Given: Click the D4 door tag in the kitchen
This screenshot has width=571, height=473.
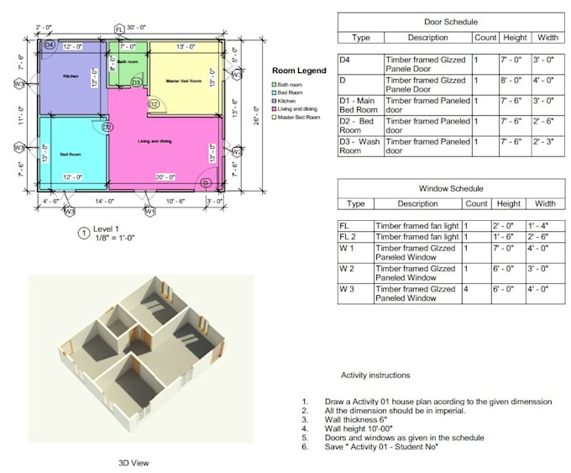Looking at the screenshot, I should click(x=49, y=44).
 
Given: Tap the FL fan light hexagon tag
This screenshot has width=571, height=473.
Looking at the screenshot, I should click(x=119, y=29).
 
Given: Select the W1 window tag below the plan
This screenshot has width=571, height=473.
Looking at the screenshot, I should click(x=149, y=212).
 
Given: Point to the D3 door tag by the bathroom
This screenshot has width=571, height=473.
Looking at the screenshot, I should click(x=135, y=83).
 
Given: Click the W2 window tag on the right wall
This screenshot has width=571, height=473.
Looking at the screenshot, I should click(x=237, y=152).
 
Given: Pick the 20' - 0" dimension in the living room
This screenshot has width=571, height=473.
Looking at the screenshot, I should click(x=165, y=177).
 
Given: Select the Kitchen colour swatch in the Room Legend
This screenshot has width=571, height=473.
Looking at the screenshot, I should click(x=274, y=101).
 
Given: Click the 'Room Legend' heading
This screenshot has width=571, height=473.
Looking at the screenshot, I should click(x=299, y=71).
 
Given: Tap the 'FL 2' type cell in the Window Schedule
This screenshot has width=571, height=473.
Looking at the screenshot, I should click(x=348, y=237).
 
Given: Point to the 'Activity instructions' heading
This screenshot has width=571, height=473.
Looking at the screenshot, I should click(x=375, y=375).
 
